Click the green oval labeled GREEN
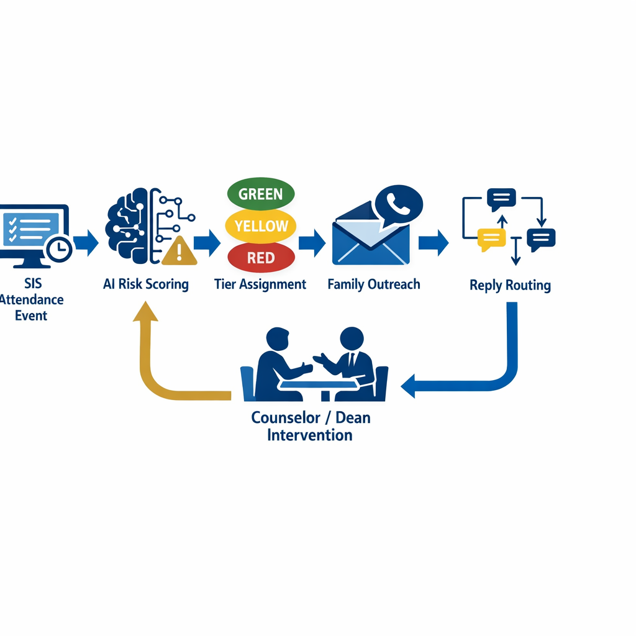(x=260, y=193)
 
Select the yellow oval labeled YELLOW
(x=261, y=225)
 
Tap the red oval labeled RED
(x=261, y=257)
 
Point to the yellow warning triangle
(x=179, y=252)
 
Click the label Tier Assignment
(x=260, y=284)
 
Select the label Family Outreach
(x=374, y=284)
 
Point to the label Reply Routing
(x=510, y=286)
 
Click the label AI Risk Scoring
(x=146, y=284)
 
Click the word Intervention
(x=310, y=435)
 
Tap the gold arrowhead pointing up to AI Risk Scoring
(x=145, y=311)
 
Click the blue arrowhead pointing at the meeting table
(x=409, y=386)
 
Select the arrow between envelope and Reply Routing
(x=434, y=242)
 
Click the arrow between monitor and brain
(x=86, y=242)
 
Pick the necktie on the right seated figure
(x=352, y=360)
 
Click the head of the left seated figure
(x=278, y=339)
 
